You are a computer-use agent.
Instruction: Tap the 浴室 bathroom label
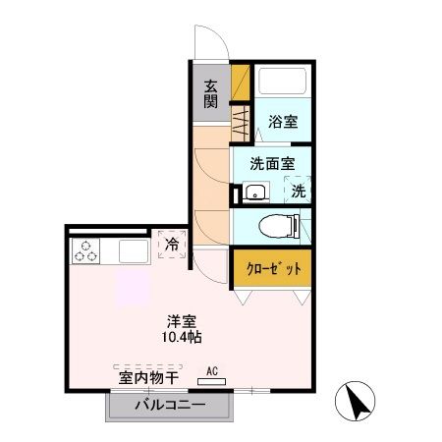pyautogui.click(x=282, y=123)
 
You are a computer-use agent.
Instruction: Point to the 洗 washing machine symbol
pyautogui.click(x=297, y=191)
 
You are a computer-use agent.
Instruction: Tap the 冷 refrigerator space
pyautogui.click(x=171, y=244)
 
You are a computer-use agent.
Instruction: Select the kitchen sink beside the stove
pyautogui.click(x=133, y=251)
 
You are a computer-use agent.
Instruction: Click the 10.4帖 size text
pyautogui.click(x=183, y=338)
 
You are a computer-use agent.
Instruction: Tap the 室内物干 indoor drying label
pyautogui.click(x=148, y=376)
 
